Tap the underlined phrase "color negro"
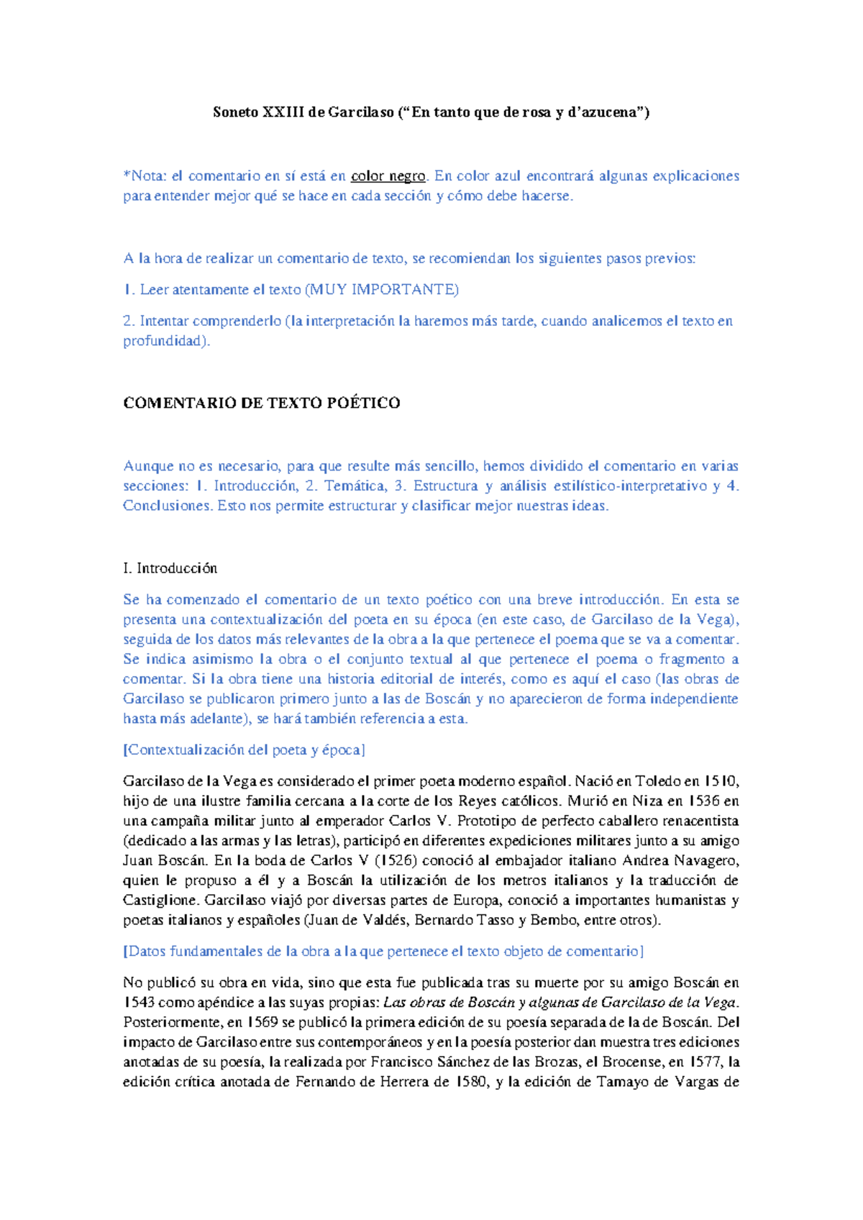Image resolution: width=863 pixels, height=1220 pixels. pos(388,176)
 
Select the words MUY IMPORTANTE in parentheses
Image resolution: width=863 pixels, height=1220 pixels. pos(381,290)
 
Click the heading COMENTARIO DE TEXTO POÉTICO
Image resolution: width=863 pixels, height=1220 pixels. pos(262,403)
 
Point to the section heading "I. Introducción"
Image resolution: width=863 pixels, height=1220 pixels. pos(170,568)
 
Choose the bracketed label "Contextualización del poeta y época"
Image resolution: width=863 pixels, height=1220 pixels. pos(245,750)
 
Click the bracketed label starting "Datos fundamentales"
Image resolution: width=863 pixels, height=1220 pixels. pos(383,952)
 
